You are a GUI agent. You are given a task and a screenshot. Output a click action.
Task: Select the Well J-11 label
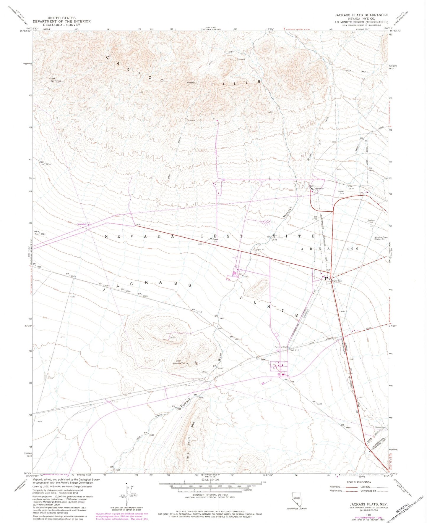pos(295,350)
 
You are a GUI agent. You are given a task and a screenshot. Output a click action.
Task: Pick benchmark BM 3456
pos(346,426)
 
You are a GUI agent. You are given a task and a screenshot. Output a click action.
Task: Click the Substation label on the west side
pos(82,224)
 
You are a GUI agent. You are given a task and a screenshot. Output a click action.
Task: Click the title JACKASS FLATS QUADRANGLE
pos(361,15)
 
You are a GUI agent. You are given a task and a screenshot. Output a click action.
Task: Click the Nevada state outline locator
pos(296,499)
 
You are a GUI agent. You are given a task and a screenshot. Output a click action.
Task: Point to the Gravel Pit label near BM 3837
pos(341,192)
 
